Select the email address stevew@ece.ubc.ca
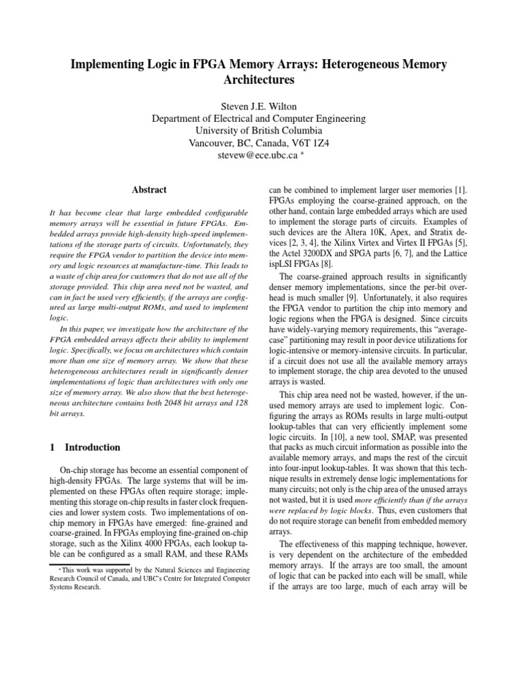(255, 156)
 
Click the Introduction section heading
(93, 448)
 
